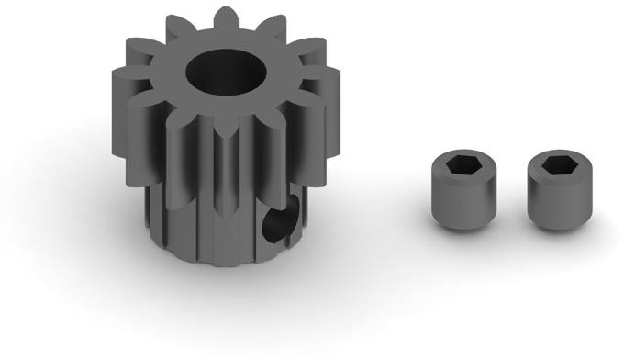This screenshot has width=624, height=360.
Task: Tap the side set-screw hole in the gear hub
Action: point(274,221)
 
